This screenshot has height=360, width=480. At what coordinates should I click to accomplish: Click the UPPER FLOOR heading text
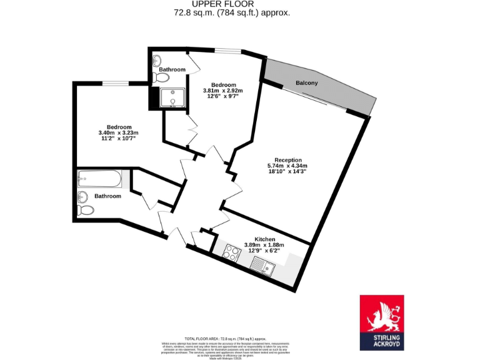232,4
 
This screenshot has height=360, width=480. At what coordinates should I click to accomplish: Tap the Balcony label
306,83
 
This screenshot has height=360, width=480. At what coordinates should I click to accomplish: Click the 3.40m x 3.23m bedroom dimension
118,132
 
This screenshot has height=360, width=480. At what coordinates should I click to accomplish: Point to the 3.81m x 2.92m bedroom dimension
222,91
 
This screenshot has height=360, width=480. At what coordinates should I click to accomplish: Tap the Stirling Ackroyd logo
381,322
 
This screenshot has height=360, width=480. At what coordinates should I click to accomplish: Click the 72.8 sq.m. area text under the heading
232,12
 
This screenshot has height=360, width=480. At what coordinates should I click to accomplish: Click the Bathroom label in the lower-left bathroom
107,196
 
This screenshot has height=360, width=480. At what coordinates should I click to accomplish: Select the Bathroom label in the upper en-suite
172,69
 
